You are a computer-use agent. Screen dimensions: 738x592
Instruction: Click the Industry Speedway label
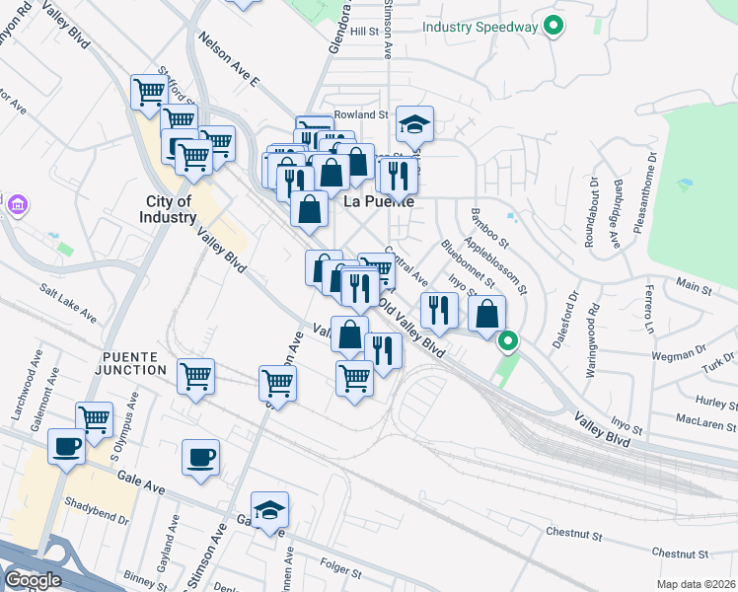480,27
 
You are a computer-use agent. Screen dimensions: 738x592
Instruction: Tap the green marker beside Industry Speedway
553,27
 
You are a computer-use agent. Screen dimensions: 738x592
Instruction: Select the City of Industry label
168,209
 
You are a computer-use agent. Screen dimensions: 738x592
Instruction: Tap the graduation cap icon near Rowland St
415,125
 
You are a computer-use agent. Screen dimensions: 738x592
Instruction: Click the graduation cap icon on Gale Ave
269,510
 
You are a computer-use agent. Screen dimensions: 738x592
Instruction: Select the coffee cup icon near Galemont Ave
67,447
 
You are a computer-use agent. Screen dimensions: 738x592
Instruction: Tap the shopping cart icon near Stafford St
151,92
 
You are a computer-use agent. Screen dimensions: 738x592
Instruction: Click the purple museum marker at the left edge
17,205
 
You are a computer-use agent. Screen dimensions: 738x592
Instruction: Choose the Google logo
32,580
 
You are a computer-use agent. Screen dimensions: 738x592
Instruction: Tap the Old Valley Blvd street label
413,328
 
